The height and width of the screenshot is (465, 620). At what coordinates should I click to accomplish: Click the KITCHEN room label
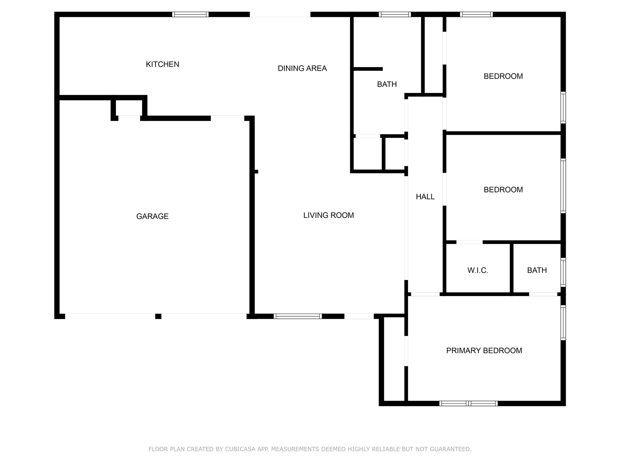click(x=162, y=64)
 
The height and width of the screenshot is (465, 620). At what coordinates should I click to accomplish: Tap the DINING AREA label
click(x=302, y=68)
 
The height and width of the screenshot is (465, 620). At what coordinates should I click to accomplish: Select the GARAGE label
click(x=152, y=216)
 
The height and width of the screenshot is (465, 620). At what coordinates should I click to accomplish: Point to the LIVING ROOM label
click(x=328, y=215)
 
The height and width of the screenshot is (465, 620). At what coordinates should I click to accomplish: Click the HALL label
click(x=425, y=197)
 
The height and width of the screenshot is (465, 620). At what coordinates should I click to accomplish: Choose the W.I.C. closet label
click(x=478, y=270)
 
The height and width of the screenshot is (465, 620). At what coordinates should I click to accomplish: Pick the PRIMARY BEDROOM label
click(x=484, y=351)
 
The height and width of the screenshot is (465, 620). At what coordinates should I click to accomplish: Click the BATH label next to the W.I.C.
click(x=537, y=270)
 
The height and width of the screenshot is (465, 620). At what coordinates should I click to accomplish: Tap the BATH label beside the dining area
click(x=387, y=84)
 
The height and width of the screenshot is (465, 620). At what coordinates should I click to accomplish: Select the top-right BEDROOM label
click(x=503, y=76)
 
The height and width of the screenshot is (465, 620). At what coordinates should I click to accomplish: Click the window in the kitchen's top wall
click(x=190, y=14)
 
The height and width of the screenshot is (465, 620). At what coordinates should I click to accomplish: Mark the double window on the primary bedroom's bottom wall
click(x=468, y=403)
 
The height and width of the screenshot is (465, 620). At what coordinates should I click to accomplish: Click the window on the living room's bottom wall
click(x=298, y=316)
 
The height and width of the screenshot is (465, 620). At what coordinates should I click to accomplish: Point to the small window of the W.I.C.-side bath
click(x=563, y=272)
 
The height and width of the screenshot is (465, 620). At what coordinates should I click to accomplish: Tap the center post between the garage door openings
click(x=158, y=316)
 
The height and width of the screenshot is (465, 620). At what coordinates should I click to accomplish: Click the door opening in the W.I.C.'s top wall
click(x=469, y=242)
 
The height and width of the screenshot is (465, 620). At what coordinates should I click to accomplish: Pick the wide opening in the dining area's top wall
click(x=280, y=14)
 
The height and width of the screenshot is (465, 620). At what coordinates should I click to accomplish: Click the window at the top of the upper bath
click(x=395, y=14)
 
